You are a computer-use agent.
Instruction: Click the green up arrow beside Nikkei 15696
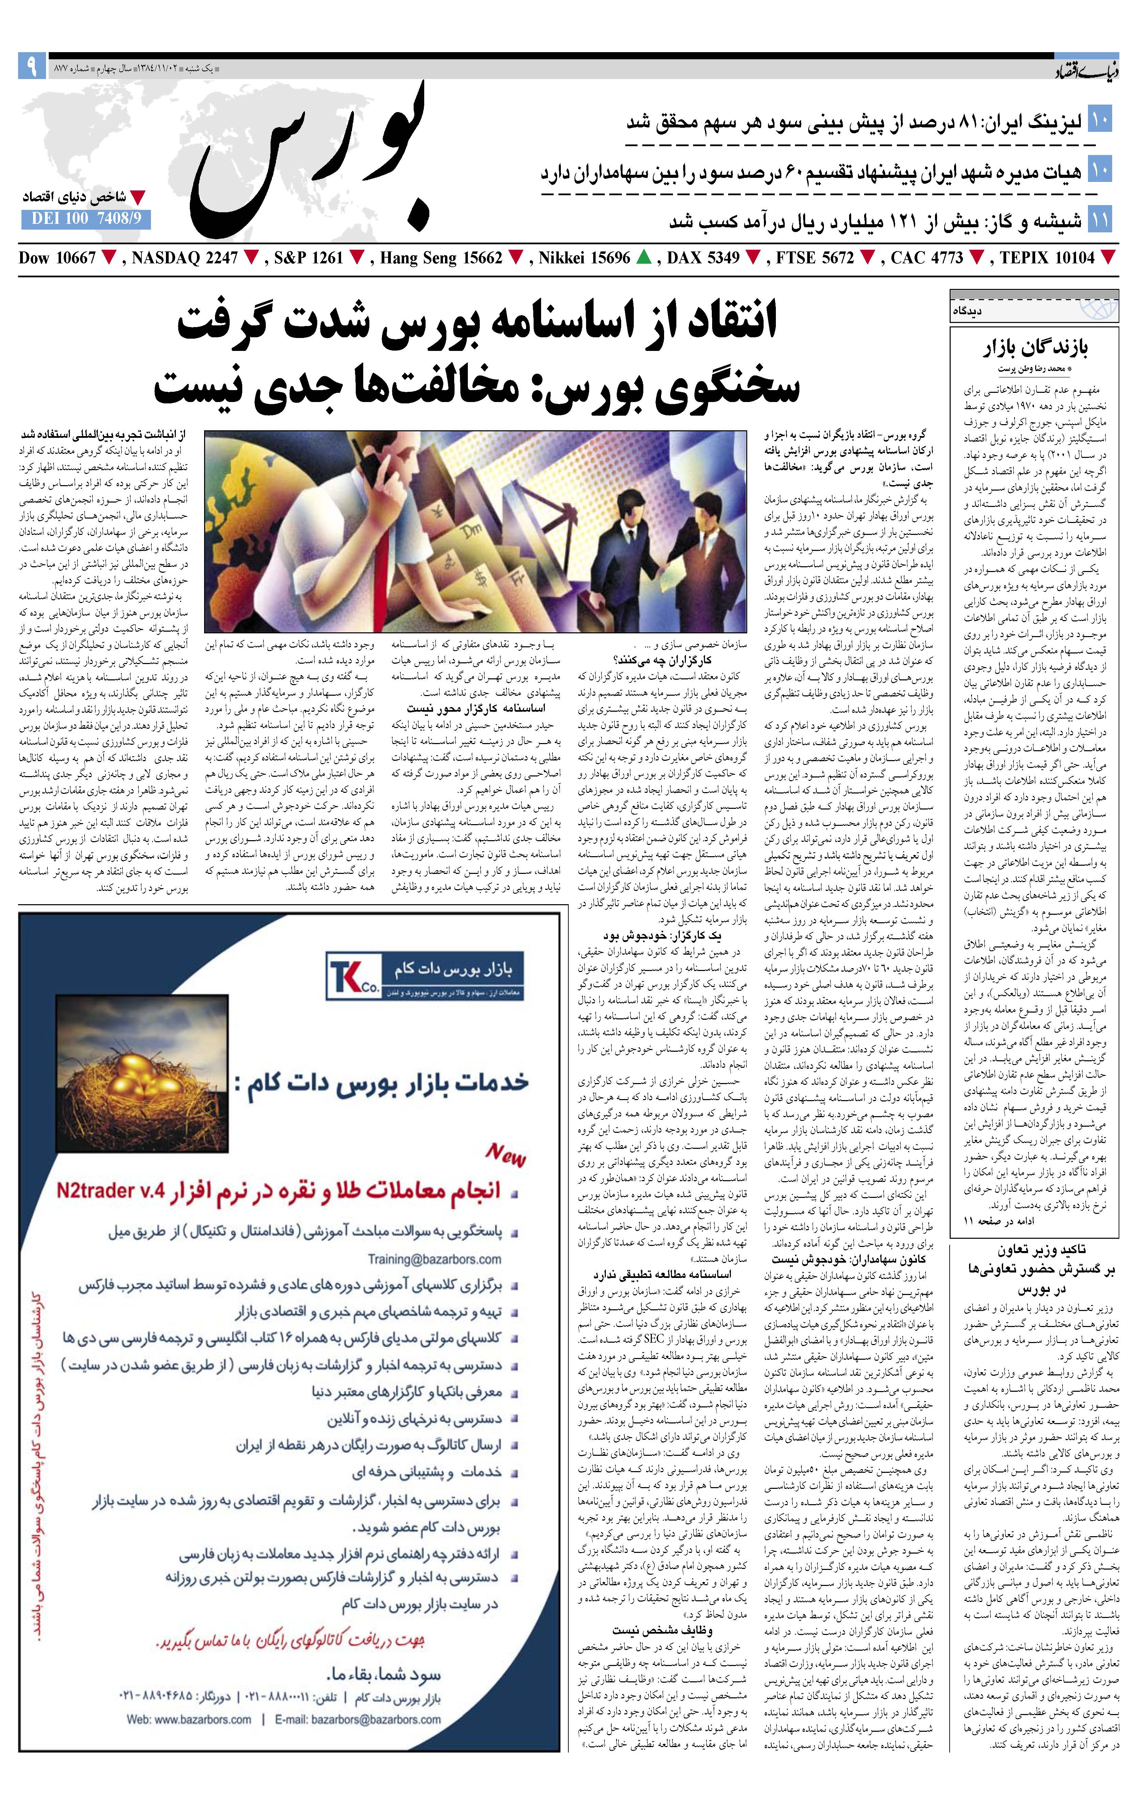pos(643,258)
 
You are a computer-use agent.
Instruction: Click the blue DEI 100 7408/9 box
pos(86,219)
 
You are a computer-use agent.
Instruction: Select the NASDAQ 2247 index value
pos(184,258)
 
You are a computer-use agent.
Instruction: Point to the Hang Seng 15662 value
pos(441,258)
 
